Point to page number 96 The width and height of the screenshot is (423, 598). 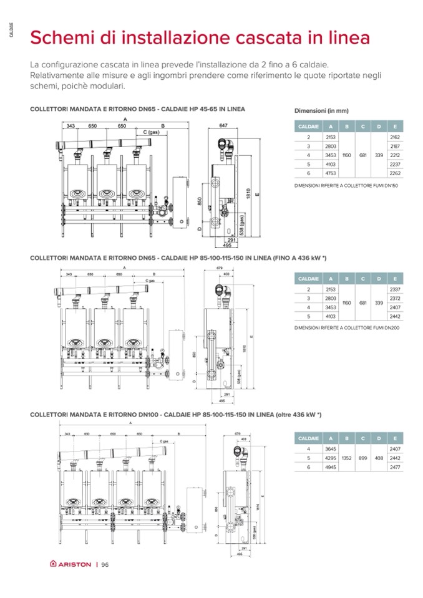pos(105,565)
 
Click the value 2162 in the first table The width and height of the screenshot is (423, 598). pos(394,137)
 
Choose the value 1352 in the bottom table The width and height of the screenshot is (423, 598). pos(347,458)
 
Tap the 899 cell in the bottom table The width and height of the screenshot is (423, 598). pos(363,458)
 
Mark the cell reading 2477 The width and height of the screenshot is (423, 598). pos(394,467)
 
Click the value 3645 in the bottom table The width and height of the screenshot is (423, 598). pos(331,448)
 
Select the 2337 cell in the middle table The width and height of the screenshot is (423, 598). pos(394,289)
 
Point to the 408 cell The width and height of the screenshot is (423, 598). pos(379,458)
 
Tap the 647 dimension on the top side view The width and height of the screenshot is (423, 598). pos(223,125)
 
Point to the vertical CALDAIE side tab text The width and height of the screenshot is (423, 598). pos(11,29)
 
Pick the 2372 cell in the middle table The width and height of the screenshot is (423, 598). pos(394,299)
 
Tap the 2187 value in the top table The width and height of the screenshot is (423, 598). pos(394,146)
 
